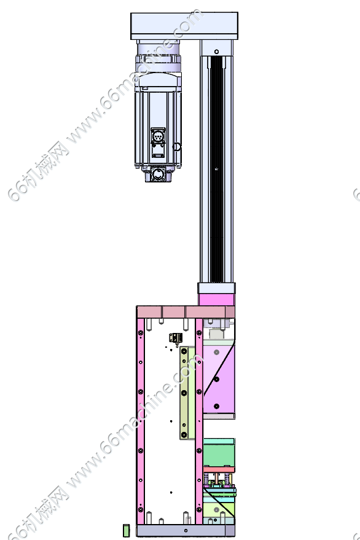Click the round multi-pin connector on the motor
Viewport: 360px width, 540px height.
point(158,137)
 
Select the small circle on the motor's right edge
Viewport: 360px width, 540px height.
point(176,147)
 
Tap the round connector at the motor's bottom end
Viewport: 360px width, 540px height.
point(158,174)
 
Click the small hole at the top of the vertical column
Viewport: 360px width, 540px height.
point(216,52)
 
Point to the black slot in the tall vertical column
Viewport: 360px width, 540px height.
point(217,169)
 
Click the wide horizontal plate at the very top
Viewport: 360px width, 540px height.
point(184,26)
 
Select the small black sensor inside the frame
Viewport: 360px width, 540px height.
point(176,338)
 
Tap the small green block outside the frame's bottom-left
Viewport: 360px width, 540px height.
point(126,530)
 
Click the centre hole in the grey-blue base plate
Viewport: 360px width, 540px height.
point(186,530)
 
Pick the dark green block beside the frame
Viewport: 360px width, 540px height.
point(219,453)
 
